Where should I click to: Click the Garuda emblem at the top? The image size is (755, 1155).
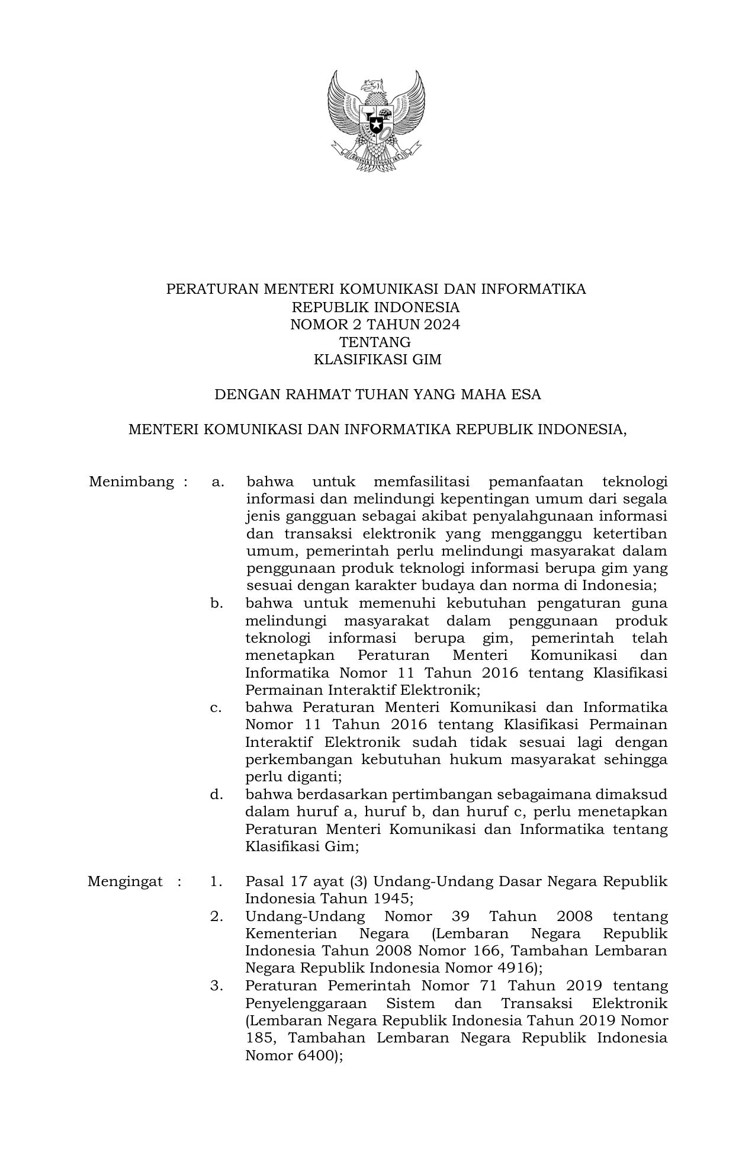pos(377,121)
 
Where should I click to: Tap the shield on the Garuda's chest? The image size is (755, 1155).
pos(376,123)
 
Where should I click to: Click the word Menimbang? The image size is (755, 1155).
pos(131,482)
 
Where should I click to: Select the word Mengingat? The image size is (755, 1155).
pos(125,881)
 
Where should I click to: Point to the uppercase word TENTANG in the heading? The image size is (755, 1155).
pos(375,342)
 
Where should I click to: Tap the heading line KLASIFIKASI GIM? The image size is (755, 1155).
pos(377,359)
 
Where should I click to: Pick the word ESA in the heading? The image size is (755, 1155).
pos(526,394)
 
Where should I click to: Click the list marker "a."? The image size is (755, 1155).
pos(217,482)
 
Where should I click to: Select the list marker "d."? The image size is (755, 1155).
pos(217,794)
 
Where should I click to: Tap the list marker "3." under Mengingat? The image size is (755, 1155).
pos(217,986)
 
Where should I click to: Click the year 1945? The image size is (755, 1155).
pos(392,899)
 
